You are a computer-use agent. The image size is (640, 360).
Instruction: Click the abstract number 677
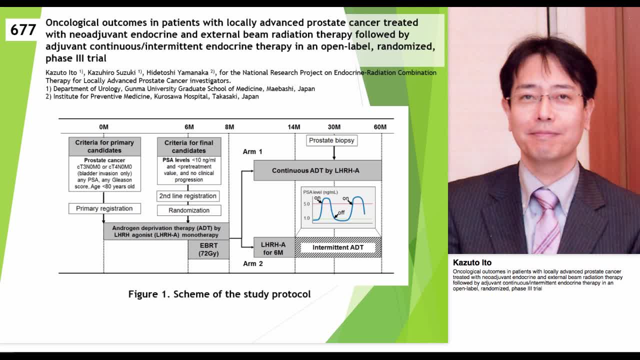click(23, 30)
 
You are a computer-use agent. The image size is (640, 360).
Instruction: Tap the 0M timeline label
click(103, 127)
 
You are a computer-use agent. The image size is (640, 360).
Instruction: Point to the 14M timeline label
click(294, 127)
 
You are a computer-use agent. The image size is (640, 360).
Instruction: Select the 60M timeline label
click(380, 127)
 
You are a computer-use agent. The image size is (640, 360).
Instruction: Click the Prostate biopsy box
click(331, 140)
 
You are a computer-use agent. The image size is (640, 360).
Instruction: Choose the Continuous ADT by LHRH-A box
click(317, 170)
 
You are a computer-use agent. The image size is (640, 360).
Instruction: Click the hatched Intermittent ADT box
click(338, 247)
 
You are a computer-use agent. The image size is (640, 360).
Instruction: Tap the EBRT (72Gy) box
click(208, 249)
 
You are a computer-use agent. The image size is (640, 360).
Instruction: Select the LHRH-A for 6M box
click(273, 248)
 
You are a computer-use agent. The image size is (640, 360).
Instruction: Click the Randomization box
click(189, 210)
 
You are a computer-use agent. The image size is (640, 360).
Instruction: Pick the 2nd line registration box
click(187, 196)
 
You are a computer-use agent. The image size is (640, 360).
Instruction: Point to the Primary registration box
click(104, 208)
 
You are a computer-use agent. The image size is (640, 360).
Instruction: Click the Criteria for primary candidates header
click(104, 146)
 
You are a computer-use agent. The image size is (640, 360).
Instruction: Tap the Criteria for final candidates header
click(188, 146)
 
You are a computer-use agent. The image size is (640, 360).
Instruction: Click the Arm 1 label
click(252, 151)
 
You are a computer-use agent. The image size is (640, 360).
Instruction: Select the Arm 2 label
click(252, 263)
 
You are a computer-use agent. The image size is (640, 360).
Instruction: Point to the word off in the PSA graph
click(341, 213)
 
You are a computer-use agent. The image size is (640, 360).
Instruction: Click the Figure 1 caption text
click(219, 294)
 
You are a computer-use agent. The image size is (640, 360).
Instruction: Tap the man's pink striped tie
click(546, 220)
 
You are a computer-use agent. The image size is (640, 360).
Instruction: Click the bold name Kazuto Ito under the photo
click(472, 262)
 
